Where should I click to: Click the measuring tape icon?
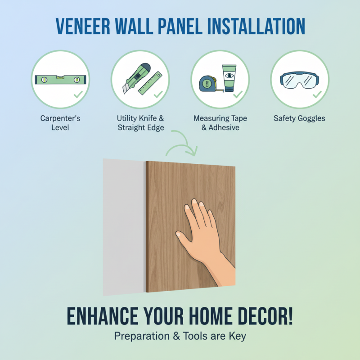click(210, 82)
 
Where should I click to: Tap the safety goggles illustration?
click(299, 80)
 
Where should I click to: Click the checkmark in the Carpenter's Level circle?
click(78, 95)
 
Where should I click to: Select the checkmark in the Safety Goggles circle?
click(317, 95)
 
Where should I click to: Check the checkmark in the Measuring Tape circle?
click(238, 95)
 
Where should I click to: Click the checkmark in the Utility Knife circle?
click(158, 95)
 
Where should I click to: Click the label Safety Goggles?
click(299, 119)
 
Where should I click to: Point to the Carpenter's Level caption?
click(60, 123)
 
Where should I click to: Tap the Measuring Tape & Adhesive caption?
click(220, 123)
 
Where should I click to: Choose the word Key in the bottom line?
click(237, 336)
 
